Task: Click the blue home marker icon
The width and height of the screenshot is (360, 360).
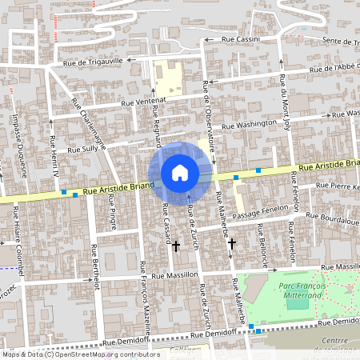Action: (180, 173)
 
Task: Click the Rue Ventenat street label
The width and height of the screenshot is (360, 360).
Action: (143, 100)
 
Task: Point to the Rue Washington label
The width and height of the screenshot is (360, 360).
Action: (249, 126)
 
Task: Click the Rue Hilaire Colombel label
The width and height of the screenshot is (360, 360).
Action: (18, 237)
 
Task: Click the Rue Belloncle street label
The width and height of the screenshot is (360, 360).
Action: (262, 240)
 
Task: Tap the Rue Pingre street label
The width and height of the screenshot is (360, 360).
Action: (112, 217)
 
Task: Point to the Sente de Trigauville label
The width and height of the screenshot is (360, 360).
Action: (327, 41)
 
